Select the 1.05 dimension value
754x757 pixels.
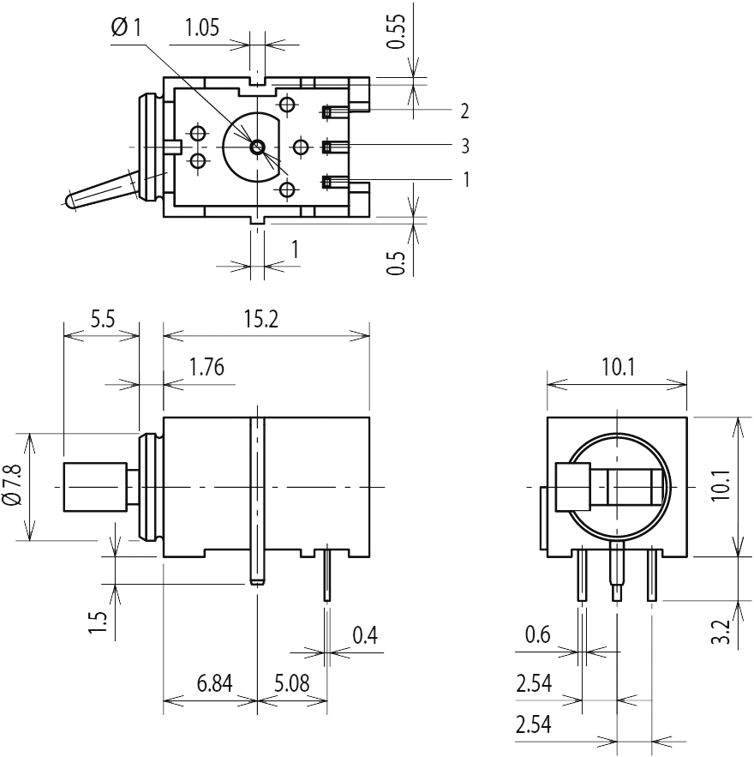point(201,28)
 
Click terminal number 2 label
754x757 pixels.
point(464,111)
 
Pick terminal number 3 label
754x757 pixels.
point(464,147)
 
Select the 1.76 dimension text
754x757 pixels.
point(206,368)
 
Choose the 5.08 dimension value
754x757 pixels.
point(292,684)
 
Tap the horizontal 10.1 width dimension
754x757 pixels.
point(618,368)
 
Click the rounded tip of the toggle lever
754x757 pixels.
point(69,202)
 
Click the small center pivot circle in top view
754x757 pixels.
point(257,147)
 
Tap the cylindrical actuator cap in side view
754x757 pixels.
point(95,487)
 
